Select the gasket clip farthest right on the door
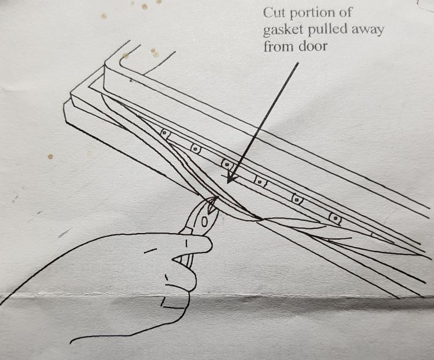(336, 218)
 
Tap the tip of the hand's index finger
(208, 244)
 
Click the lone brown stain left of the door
(50, 156)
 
